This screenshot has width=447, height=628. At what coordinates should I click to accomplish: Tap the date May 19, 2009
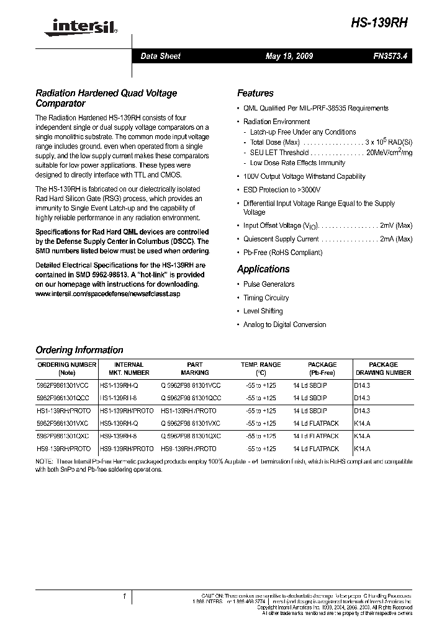(x=289, y=56)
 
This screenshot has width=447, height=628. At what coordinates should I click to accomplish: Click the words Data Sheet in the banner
(x=160, y=56)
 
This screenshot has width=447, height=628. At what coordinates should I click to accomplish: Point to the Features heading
(x=255, y=94)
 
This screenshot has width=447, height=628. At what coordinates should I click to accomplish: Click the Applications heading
(x=263, y=269)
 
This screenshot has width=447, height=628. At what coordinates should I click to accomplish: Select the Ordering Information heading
(x=79, y=350)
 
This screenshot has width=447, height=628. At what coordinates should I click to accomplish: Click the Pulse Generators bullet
(x=269, y=284)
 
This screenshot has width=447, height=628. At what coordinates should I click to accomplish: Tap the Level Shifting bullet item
(x=263, y=312)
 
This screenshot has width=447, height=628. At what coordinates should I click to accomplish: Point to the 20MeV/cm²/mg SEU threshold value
(x=389, y=153)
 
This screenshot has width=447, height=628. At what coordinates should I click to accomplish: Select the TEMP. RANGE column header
(x=261, y=369)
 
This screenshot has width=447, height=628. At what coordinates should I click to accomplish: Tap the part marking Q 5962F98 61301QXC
(x=191, y=436)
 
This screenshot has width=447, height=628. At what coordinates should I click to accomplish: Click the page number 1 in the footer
(x=125, y=596)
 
